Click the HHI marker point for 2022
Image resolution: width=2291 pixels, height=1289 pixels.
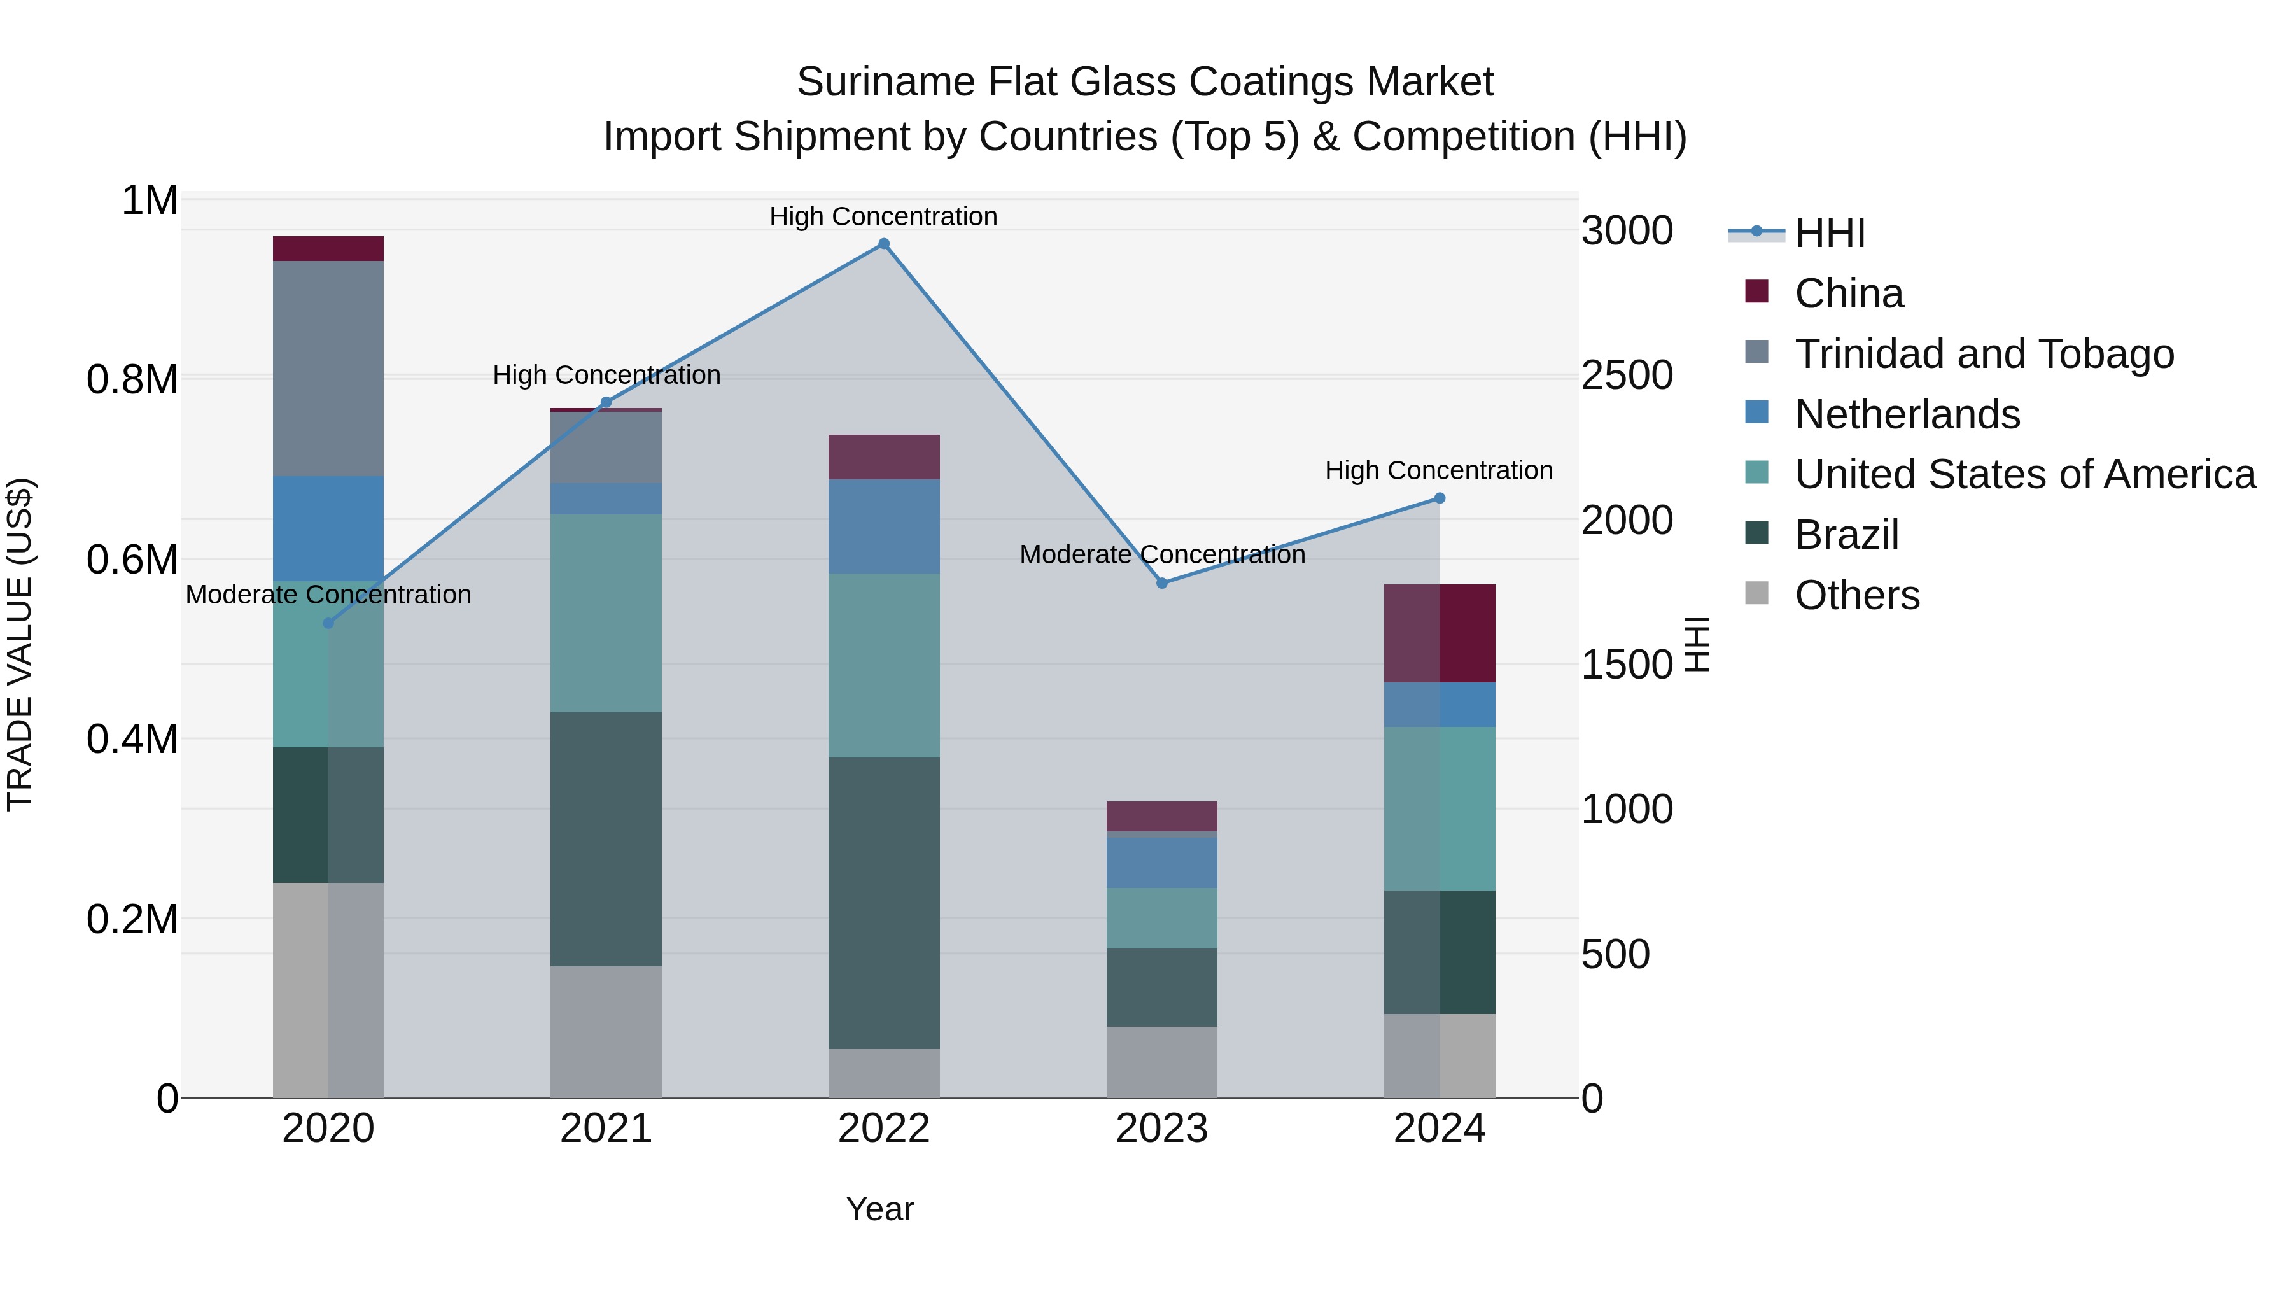[x=883, y=244]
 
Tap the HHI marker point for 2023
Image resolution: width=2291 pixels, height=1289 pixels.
[x=1161, y=582]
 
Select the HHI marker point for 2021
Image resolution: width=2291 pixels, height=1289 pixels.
[x=606, y=402]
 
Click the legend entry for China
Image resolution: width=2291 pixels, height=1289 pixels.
[x=1848, y=293]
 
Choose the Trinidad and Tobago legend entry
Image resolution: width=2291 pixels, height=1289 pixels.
[x=1983, y=354]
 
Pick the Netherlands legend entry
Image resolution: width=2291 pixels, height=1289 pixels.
[x=1907, y=414]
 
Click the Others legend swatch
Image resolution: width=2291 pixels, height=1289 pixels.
[x=1756, y=593]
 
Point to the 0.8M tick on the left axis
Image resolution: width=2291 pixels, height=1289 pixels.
[x=132, y=380]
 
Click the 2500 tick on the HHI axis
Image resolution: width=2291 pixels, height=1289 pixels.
[x=1627, y=376]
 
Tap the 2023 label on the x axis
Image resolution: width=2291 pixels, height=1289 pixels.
[x=1161, y=1129]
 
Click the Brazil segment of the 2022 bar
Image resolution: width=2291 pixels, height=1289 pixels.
[x=883, y=902]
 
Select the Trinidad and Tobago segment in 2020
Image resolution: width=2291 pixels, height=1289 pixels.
[x=328, y=369]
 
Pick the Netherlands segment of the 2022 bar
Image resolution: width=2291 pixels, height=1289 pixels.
[x=883, y=526]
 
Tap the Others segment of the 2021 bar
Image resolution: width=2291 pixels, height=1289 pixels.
[x=606, y=1031]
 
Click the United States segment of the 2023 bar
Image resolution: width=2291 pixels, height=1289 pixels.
[x=1161, y=917]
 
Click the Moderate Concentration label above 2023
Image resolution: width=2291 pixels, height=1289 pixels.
[x=1161, y=554]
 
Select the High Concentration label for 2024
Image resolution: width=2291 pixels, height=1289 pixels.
[x=1438, y=470]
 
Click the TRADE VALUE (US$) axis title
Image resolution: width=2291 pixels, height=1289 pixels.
[x=20, y=644]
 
